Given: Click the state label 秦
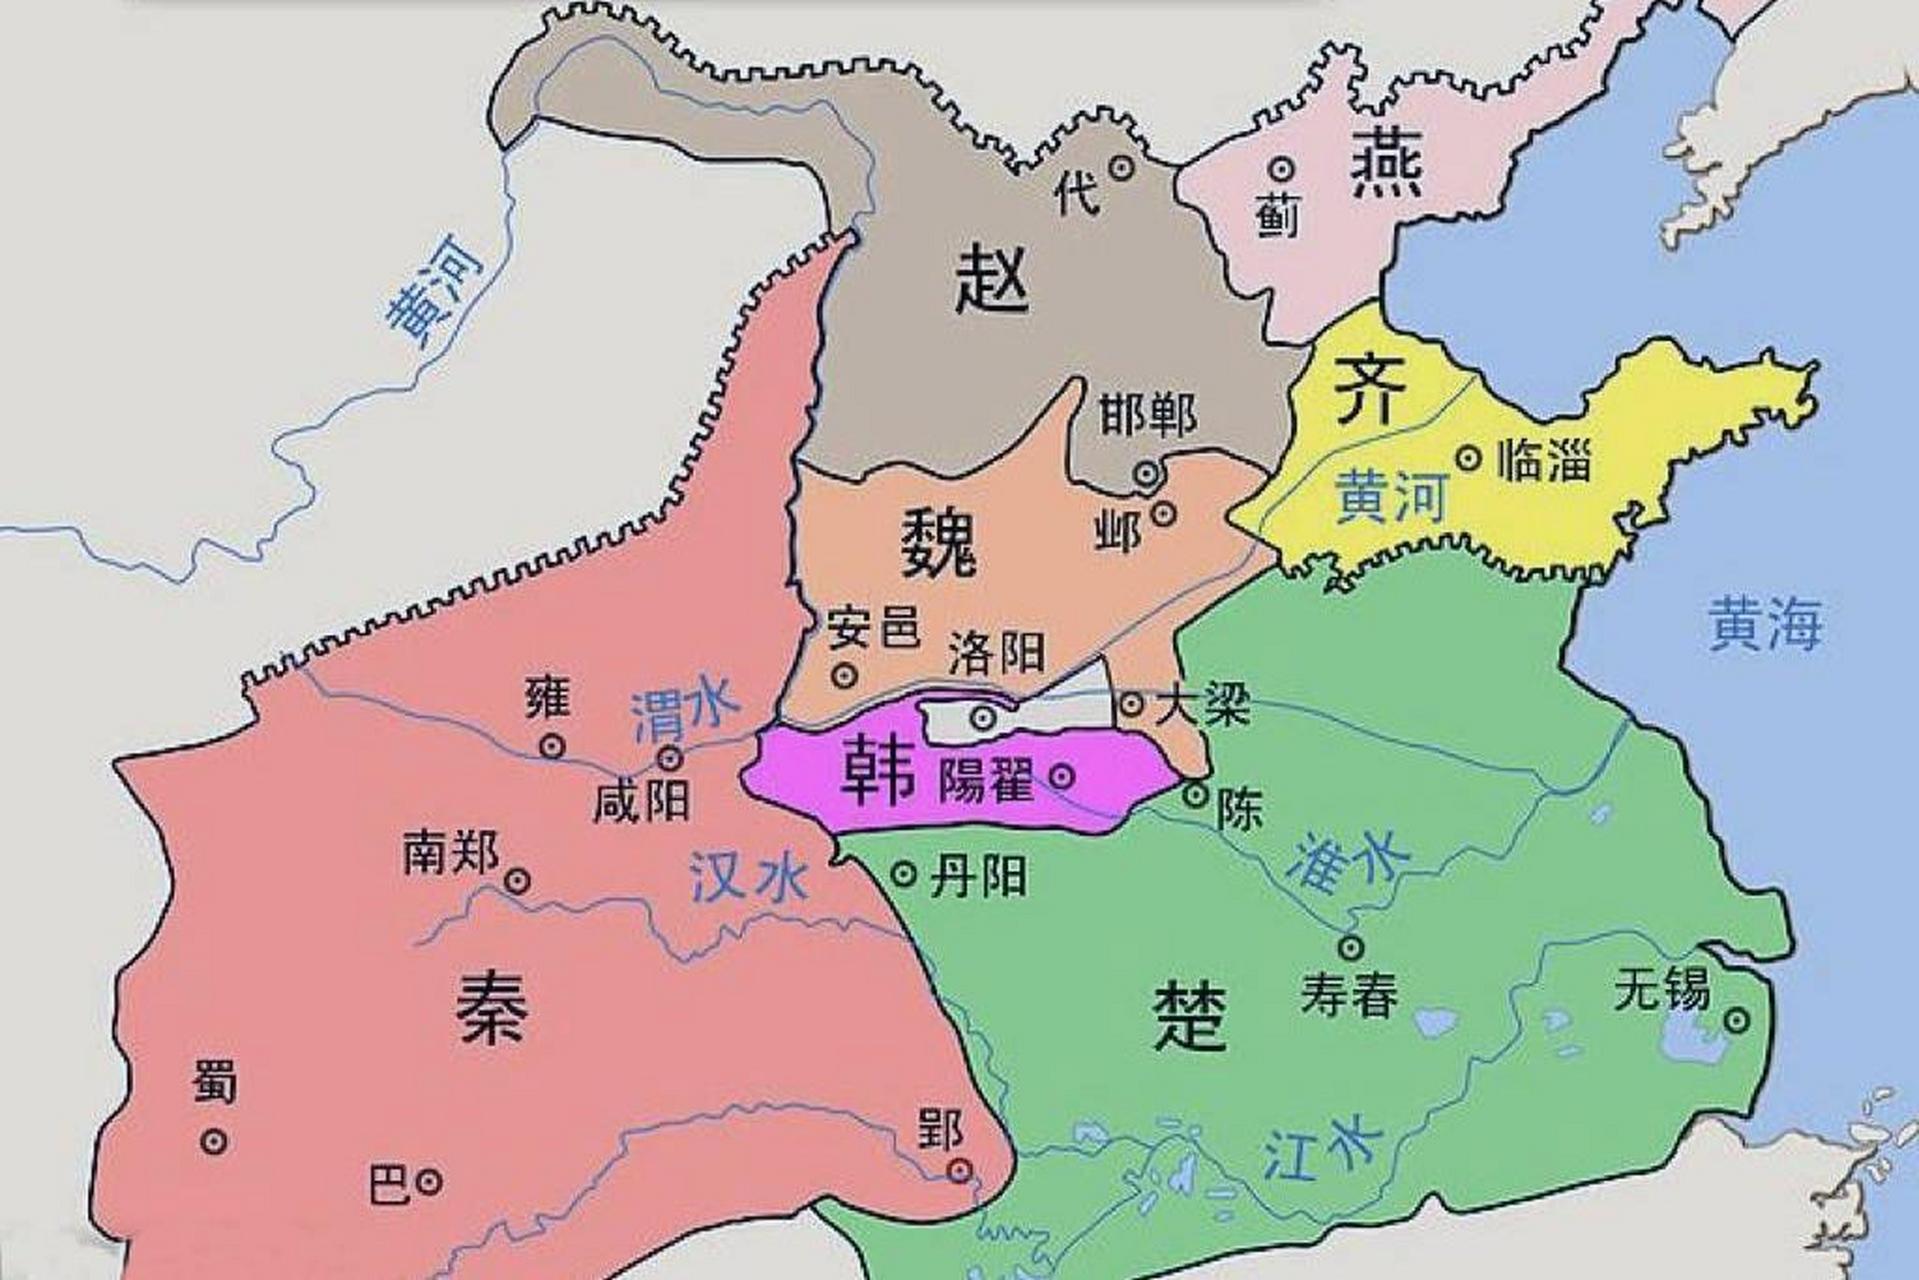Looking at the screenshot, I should [492, 1008].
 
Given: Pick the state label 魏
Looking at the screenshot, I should [938, 542].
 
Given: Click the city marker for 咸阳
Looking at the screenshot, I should [670, 757].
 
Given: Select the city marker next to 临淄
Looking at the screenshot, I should [1468, 458].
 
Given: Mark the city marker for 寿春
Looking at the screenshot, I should [1351, 946].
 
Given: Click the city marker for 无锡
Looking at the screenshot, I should [1737, 1020].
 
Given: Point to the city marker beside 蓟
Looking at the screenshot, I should [1281, 169].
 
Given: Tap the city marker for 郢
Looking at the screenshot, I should [960, 1170].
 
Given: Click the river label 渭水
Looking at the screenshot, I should [685, 712].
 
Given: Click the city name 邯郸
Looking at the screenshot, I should [1147, 414].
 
